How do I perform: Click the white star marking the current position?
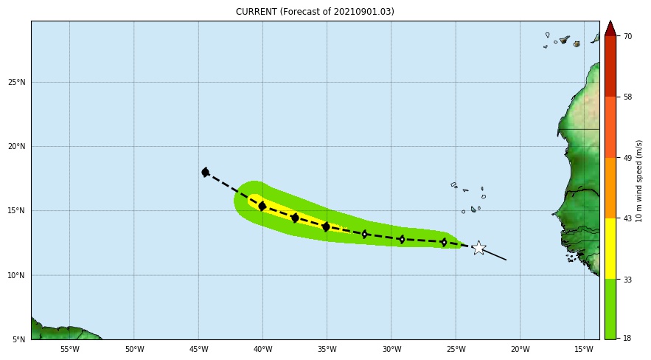click(478, 248)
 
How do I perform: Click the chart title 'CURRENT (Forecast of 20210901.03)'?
click(315, 12)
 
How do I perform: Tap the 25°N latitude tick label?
click(17, 82)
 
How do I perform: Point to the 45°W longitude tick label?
click(198, 349)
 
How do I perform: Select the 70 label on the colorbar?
click(627, 36)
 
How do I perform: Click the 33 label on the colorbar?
click(627, 279)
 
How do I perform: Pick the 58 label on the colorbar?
click(627, 97)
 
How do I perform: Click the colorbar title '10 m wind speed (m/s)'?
click(639, 181)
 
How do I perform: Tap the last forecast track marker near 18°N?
click(205, 172)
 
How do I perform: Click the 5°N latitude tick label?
click(19, 339)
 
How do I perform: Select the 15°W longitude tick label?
click(585, 349)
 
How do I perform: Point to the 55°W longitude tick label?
click(69, 349)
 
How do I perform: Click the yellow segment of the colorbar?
click(610, 248)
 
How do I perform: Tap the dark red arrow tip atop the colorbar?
click(610, 28)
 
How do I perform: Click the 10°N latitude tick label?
click(17, 275)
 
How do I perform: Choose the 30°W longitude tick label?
click(391, 349)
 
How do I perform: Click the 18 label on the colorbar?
click(627, 338)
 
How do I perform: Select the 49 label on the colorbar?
click(627, 158)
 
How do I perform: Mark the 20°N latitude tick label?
click(17, 146)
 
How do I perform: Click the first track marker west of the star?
click(444, 242)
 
